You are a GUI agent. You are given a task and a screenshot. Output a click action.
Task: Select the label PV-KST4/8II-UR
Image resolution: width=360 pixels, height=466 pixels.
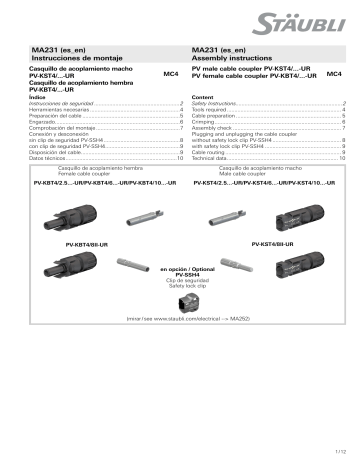pyautogui.click(x=275, y=243)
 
